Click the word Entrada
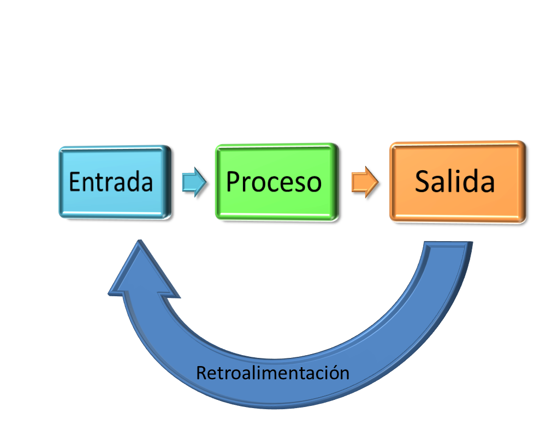(111, 182)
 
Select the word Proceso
(274, 182)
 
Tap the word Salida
(455, 181)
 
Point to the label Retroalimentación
(272, 373)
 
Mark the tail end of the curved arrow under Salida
(447, 248)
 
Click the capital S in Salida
(424, 182)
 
